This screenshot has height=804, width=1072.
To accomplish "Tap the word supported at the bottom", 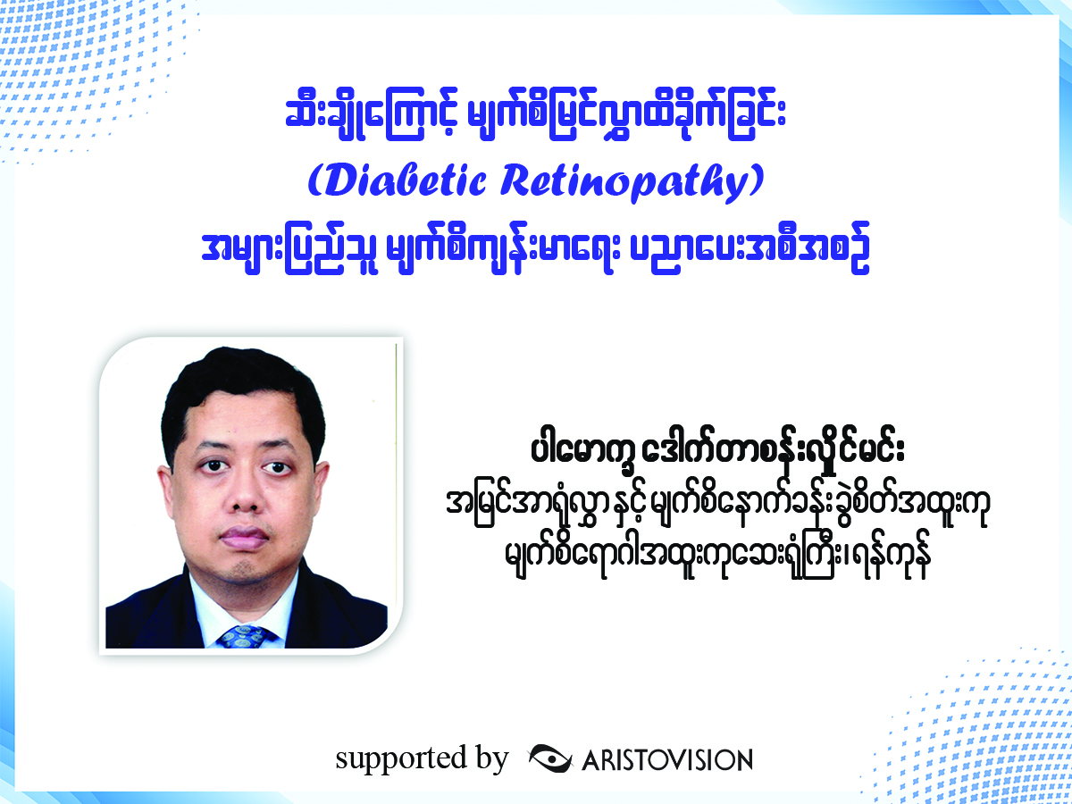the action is [x=401, y=760].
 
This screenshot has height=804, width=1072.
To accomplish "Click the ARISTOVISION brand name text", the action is [x=667, y=760].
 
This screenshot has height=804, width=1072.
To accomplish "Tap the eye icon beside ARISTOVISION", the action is [x=550, y=758].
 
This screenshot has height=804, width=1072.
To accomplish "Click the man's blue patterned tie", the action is [x=245, y=636].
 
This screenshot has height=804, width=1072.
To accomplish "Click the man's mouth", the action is [x=244, y=538].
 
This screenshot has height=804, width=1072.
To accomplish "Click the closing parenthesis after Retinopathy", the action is [x=757, y=180].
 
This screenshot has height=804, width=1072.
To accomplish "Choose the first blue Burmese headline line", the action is [x=536, y=120].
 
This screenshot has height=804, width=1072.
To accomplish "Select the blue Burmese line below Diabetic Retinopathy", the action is [x=536, y=248].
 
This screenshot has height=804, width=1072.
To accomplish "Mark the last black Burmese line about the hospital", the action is [x=717, y=560].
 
